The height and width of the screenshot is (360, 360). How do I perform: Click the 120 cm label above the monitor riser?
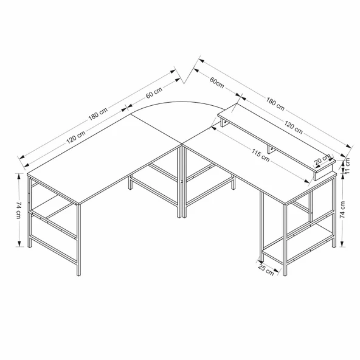pyautogui.click(x=293, y=128)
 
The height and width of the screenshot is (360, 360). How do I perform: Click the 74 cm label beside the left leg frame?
pyautogui.click(x=20, y=209)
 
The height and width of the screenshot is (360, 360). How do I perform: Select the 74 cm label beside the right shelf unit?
pyautogui.click(x=342, y=209)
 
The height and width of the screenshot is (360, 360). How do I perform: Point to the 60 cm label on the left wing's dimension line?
pyautogui.click(x=153, y=95)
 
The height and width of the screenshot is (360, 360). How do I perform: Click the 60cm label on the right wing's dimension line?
pyautogui.click(x=219, y=81)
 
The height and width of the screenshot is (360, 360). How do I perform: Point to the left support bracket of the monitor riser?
pyautogui.click(x=224, y=125)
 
